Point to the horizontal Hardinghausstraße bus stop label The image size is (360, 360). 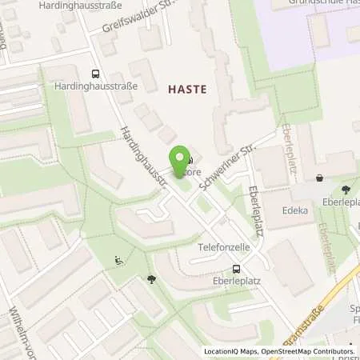(94, 85)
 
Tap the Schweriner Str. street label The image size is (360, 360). (230, 163)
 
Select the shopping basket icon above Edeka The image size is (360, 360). (320, 178)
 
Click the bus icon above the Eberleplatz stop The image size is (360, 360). (236, 270)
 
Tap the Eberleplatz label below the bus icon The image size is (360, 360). (236, 282)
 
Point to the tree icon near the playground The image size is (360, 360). (151, 279)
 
